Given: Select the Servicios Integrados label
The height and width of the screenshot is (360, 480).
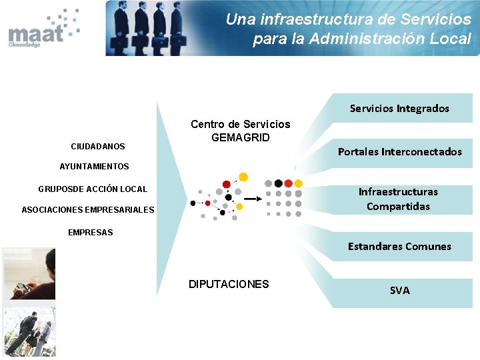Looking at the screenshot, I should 399,108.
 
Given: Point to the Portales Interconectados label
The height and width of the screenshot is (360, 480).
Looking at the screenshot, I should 399,151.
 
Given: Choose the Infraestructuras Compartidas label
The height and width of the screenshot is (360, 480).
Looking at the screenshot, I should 398,199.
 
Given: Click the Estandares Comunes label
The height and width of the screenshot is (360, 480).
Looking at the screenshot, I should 399,246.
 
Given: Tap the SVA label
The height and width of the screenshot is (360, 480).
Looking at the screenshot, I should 399,290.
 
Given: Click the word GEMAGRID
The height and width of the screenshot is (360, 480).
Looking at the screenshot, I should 241,137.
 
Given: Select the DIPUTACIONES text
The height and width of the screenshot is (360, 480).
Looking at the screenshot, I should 229,284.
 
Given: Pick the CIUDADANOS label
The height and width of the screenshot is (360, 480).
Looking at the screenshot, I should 98,146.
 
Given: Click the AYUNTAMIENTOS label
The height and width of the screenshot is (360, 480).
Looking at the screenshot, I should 94,166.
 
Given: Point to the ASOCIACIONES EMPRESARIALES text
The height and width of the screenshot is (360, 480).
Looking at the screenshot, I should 88,210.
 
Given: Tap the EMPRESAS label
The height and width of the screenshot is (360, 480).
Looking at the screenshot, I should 91,233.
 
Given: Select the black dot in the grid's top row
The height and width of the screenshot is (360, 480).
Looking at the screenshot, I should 278,183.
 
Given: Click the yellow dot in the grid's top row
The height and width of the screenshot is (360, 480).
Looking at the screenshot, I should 298,183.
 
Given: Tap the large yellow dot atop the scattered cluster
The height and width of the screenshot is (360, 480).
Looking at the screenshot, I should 243,177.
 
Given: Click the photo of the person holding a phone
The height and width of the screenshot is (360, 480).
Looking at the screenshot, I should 29,273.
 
